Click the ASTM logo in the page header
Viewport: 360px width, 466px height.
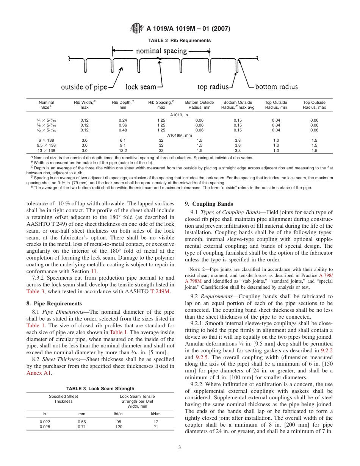[136, 28]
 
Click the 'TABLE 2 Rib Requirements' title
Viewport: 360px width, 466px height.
[180, 41]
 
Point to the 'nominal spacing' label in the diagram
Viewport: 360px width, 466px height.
[161, 51]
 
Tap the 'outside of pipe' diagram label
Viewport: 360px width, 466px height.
[84, 87]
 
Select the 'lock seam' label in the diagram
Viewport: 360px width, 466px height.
[141, 87]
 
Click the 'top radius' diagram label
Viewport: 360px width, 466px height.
[213, 87]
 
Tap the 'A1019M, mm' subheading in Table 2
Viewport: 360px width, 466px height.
[180, 135]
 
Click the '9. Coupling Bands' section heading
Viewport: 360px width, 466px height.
[209, 204]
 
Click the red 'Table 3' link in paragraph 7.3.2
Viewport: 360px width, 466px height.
[36, 281]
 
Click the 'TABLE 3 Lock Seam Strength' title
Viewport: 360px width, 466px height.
[100, 389]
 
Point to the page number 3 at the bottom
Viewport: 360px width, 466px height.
[180, 447]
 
